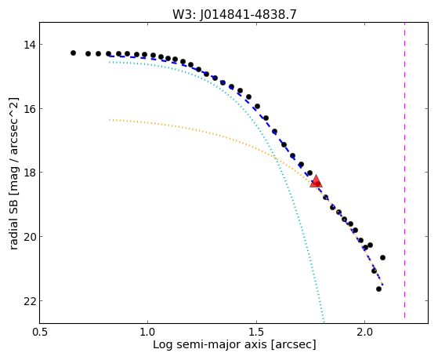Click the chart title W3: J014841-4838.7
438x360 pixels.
[234, 14]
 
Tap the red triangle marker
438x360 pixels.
[316, 181]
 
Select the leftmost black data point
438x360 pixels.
[73, 53]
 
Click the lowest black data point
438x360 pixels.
[378, 289]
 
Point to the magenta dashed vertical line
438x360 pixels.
[404, 170]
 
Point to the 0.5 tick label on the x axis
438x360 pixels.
[40, 333]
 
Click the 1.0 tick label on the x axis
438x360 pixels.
[147, 333]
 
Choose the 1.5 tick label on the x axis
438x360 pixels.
[256, 333]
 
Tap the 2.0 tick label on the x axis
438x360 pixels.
[365, 333]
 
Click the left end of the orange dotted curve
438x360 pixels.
[110, 120]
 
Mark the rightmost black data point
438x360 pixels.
[382, 257]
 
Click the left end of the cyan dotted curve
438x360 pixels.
[110, 62]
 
